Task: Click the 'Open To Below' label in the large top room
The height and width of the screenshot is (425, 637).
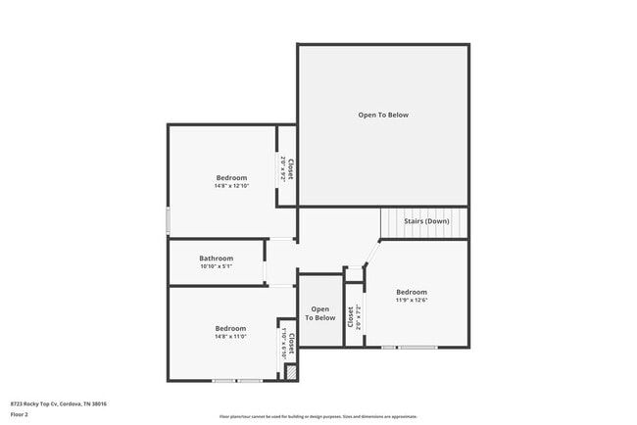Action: coord(383,115)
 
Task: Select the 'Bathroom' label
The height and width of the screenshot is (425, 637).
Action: coord(216,259)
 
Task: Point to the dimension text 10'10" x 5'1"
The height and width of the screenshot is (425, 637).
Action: coord(216,266)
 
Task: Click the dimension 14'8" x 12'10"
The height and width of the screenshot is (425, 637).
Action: coord(231,185)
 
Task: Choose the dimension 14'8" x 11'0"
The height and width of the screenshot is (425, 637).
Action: coord(231,336)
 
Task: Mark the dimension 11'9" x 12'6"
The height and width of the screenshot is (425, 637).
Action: coord(412,300)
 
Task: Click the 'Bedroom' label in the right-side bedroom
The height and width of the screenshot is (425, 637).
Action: coord(412,292)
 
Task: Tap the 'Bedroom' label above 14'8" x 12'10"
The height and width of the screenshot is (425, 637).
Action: coord(231,177)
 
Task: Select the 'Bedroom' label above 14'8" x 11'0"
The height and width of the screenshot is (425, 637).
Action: coord(231,328)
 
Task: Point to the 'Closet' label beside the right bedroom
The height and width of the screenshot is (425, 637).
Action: coord(351,316)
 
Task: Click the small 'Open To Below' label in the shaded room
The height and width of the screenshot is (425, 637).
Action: coord(319,313)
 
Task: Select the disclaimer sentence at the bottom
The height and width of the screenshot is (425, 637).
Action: coord(318,416)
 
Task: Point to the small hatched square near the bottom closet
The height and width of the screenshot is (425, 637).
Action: coord(290,372)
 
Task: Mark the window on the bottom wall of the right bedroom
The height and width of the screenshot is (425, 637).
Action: coord(410,348)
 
